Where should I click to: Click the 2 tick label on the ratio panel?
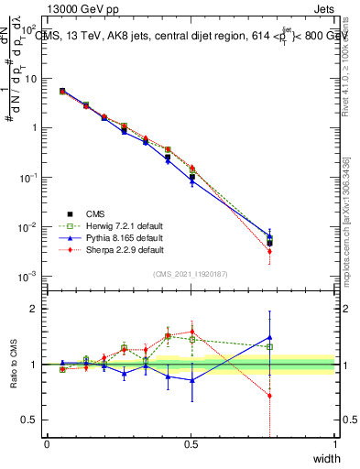pos(33,309)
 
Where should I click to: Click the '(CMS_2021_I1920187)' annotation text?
pos(191,272)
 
